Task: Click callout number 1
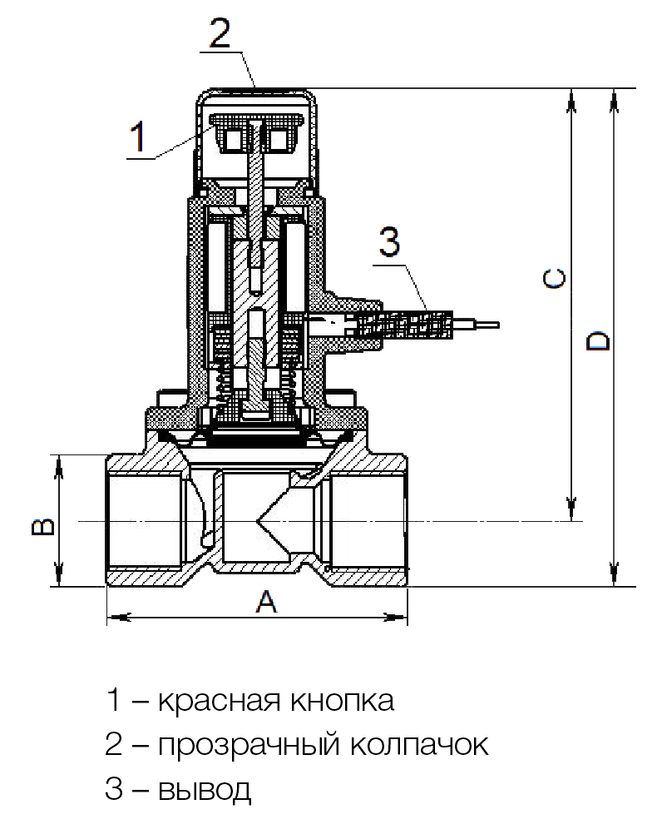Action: click(139, 135)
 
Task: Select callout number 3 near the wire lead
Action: click(389, 242)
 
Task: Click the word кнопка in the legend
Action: click(340, 701)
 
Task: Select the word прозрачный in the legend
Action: click(247, 744)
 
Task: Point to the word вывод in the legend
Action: click(203, 787)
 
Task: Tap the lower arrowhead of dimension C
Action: click(571, 511)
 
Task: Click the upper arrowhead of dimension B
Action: click(58, 464)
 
